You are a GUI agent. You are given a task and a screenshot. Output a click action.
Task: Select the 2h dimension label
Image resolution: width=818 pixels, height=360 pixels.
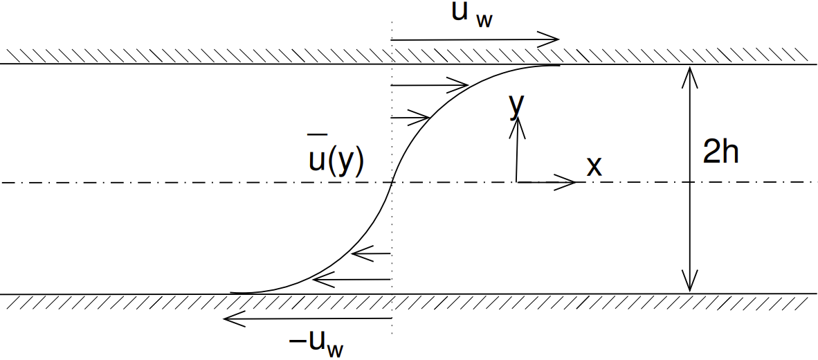(720, 152)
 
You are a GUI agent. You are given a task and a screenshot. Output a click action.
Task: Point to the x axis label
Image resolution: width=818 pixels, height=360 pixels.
(594, 166)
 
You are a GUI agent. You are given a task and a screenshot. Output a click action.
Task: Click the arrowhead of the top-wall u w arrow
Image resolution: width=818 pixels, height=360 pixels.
(554, 40)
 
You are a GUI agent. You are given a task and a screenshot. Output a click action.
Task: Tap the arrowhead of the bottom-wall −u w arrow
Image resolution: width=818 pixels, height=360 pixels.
(229, 318)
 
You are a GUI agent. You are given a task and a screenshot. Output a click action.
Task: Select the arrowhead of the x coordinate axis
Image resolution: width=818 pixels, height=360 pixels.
(571, 182)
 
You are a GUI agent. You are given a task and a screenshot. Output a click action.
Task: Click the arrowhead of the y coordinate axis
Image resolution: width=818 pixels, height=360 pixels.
(516, 123)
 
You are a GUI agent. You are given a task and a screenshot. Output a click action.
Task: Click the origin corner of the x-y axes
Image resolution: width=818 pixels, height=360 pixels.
(516, 182)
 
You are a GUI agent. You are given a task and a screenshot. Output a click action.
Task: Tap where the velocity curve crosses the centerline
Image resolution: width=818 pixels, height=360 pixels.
(392, 182)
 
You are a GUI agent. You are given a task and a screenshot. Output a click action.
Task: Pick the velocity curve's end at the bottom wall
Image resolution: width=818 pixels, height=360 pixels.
(231, 293)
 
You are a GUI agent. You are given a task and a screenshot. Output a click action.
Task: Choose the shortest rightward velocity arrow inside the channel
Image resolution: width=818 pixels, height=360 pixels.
(411, 118)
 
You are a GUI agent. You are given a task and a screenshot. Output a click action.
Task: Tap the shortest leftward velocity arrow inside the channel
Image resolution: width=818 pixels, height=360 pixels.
(372, 254)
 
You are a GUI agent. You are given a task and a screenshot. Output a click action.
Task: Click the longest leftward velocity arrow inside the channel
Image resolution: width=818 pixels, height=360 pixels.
(352, 279)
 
